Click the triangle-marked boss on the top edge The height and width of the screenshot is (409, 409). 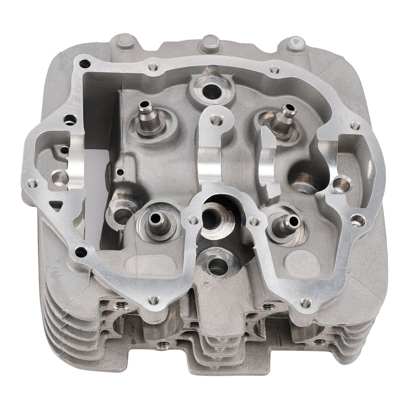click(296, 43)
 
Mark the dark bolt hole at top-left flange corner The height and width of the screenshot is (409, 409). click(84, 64)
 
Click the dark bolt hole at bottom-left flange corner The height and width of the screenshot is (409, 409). click(81, 252)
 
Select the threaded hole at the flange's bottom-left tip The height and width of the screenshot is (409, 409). click(152, 300)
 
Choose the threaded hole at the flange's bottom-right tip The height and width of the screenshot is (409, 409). click(305, 303)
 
